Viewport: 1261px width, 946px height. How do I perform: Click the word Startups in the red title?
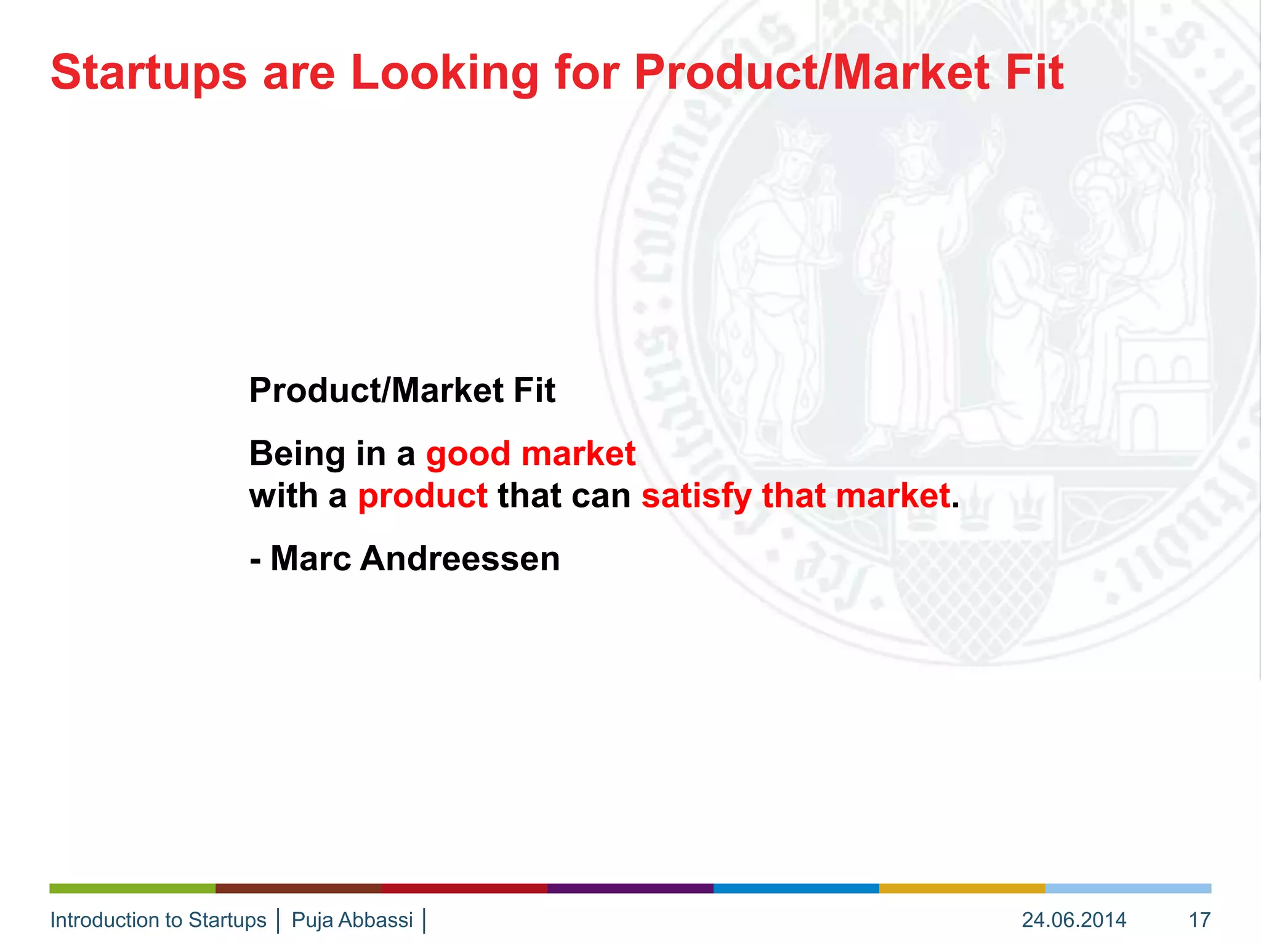point(148,73)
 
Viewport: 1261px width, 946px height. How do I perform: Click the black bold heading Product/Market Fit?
point(402,390)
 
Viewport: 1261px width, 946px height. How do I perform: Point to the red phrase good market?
point(530,454)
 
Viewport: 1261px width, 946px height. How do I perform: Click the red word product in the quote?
point(422,496)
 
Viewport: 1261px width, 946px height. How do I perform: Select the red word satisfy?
point(696,496)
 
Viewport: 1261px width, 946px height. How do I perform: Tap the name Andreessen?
point(459,559)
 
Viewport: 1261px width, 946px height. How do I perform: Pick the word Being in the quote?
point(297,454)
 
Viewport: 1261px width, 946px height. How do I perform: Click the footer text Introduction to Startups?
point(158,920)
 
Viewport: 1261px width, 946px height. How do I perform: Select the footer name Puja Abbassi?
point(352,920)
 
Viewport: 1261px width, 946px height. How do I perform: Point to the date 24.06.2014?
point(1074,920)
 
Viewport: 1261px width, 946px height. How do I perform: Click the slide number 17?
point(1199,920)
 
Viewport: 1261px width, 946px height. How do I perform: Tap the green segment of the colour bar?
point(132,888)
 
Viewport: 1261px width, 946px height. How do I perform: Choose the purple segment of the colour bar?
point(630,888)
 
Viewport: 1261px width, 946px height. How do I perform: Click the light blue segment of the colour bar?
point(1128,888)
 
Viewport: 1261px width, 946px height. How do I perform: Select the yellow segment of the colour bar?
point(962,888)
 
